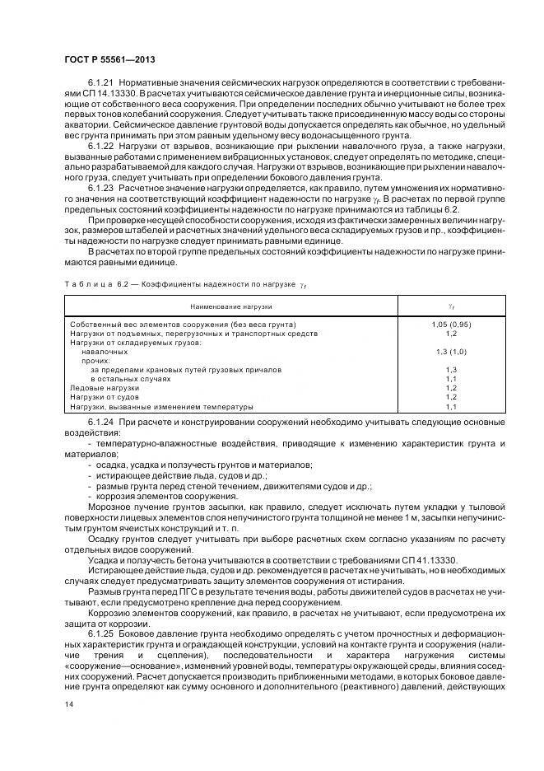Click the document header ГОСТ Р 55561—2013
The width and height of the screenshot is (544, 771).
109,61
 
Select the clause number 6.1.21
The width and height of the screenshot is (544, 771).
99,85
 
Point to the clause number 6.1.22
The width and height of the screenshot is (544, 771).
99,146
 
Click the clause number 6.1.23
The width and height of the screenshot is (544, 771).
99,187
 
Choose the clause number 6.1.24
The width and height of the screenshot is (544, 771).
99,422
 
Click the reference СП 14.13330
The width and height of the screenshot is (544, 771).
95,96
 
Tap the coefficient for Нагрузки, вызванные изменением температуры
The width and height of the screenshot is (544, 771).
451,407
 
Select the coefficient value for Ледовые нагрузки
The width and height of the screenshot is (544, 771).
451,387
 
